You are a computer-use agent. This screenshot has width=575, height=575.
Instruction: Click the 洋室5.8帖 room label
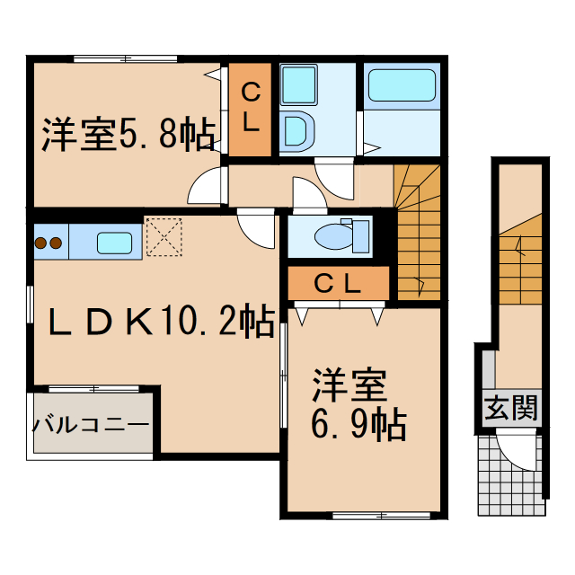pyautogui.click(x=127, y=136)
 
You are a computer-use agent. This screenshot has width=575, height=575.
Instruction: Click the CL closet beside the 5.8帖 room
pyautogui.click(x=251, y=107)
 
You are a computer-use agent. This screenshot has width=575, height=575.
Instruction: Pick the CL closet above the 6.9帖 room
pyautogui.click(x=338, y=284)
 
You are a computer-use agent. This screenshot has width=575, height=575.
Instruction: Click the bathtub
pyautogui.click(x=402, y=85)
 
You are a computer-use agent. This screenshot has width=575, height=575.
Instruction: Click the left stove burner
pyautogui.click(x=40, y=243)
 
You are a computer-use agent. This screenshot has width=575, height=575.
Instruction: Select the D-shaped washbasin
pyautogui.click(x=296, y=131)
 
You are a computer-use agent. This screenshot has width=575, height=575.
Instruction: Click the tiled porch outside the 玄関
pyautogui.click(x=509, y=475)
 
